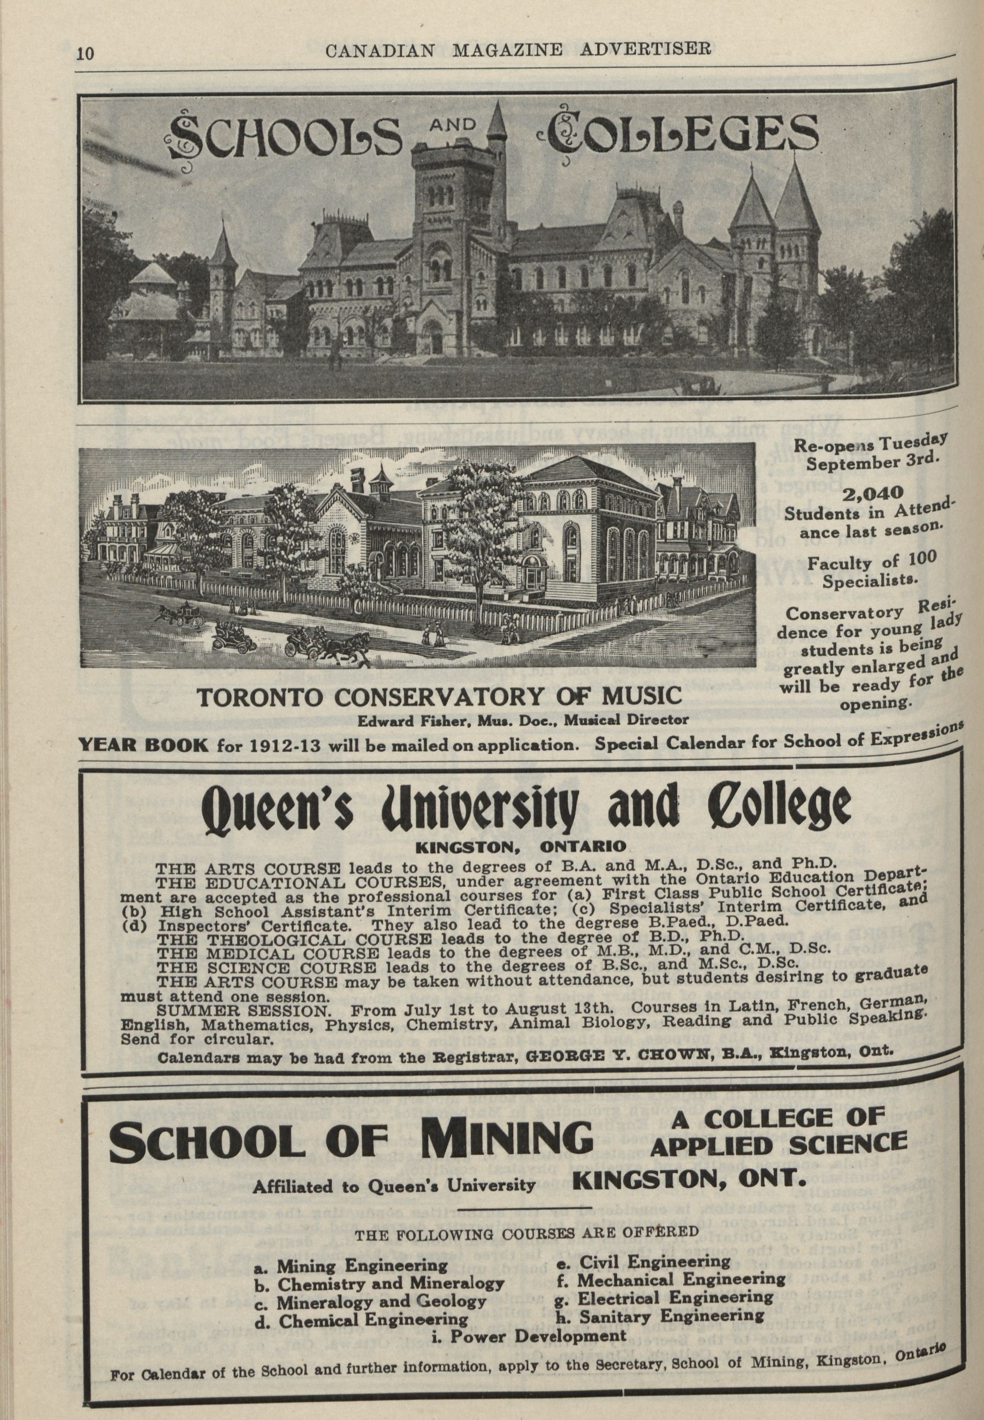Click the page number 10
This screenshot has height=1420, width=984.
tap(85, 53)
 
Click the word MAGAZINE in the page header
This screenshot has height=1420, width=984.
tap(507, 49)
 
